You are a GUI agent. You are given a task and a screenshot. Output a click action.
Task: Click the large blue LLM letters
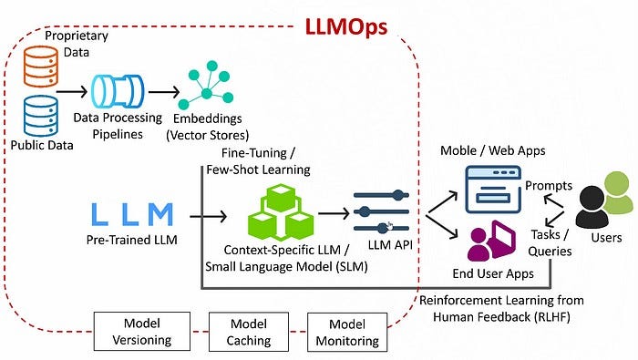click(133, 215)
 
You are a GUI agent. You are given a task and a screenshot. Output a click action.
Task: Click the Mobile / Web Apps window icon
click(492, 188)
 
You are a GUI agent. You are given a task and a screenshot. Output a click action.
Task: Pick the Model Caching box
click(250, 332)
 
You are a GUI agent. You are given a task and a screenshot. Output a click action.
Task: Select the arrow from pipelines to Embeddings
click(162, 92)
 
